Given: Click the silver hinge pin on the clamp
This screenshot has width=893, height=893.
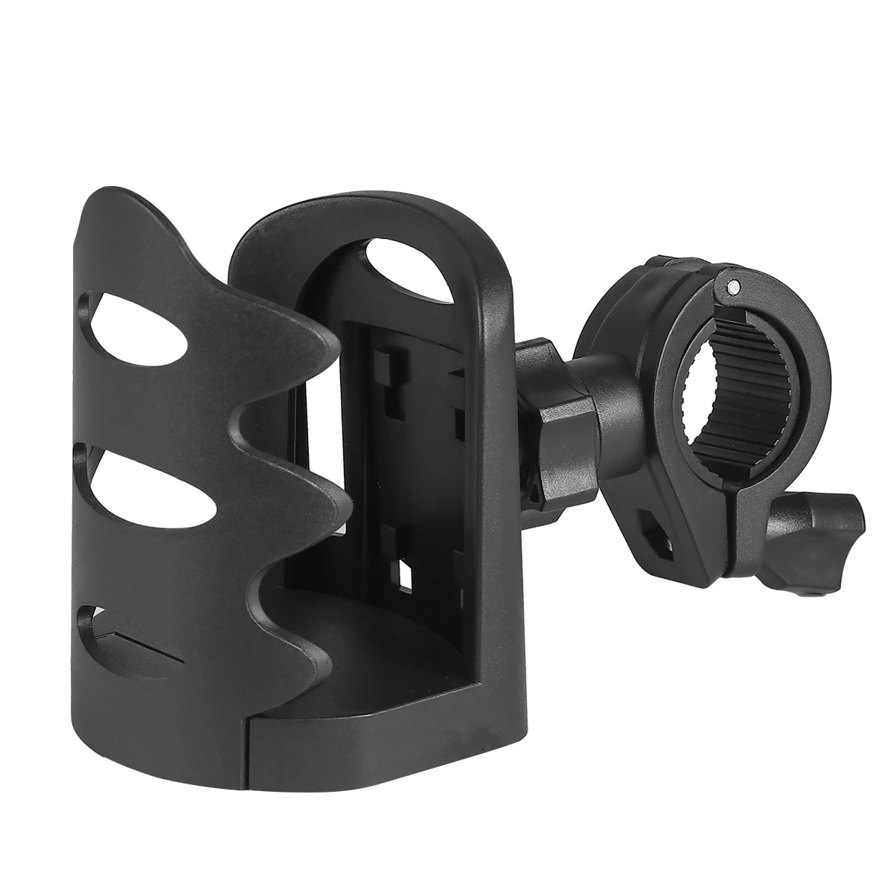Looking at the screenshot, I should [734, 285].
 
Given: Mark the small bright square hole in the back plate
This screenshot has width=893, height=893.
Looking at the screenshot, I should [405, 573].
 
